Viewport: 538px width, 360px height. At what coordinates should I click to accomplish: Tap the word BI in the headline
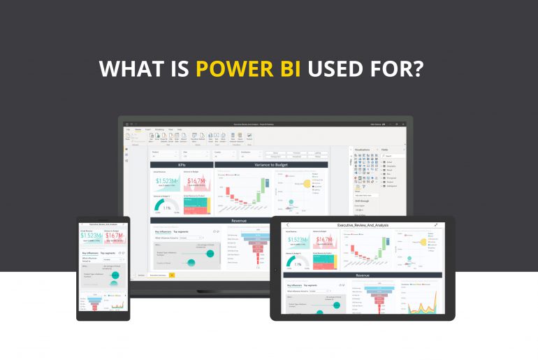298,69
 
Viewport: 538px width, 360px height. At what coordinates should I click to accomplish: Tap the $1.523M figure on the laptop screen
166,181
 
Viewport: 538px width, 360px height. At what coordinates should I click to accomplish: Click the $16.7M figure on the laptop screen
196,181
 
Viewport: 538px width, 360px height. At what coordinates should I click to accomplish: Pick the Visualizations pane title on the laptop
363,150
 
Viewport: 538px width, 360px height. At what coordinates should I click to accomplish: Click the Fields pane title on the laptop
386,150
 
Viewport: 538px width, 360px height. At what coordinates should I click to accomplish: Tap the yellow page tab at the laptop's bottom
172,275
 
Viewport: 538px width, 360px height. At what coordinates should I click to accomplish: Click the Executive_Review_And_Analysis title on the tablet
363,226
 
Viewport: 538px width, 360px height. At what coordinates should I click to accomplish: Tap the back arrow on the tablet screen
287,226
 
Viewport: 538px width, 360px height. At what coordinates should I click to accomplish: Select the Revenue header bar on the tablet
363,275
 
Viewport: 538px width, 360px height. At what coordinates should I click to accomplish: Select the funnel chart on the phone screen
92,303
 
